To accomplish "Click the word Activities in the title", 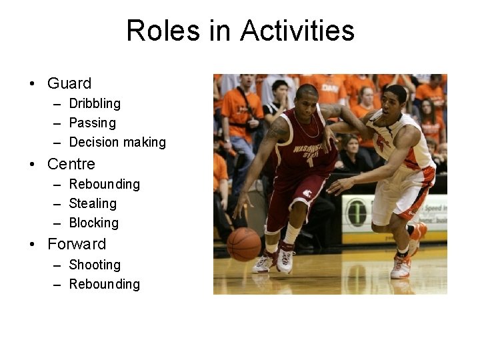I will point(297,31).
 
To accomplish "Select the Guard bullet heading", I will point(69,83).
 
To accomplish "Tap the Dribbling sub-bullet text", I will point(95,103).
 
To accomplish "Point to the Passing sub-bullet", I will point(92,123).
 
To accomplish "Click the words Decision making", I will point(117,142).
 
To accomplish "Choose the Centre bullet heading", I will point(71,164).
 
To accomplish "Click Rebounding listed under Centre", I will point(105,184).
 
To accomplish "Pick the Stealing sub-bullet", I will point(93,203).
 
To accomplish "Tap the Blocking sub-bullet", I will point(93,223).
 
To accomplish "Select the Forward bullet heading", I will point(77,244).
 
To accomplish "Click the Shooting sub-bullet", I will point(95,265).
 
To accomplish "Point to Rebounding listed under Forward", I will point(105,284).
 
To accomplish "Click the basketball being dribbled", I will point(244,244).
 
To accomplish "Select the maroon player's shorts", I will point(295,197).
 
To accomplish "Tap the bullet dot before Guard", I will point(32,84).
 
